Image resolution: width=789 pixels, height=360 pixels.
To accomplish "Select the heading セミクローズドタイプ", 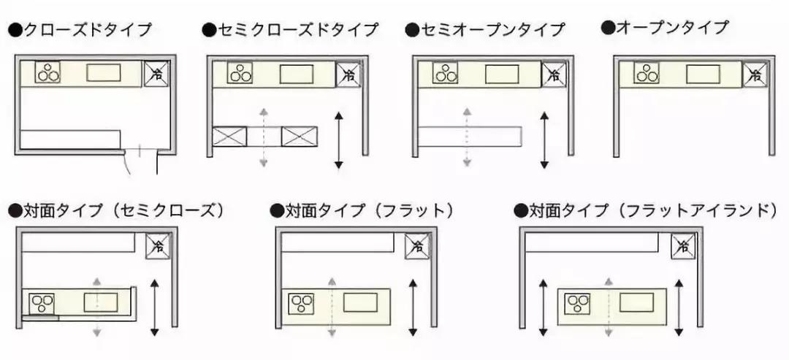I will click(x=290, y=30).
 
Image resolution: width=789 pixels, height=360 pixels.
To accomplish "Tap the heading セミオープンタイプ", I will click(x=485, y=30).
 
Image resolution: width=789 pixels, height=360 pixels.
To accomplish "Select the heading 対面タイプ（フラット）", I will click(x=362, y=211).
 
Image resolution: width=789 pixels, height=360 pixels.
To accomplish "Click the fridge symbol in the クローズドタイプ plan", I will click(x=156, y=74).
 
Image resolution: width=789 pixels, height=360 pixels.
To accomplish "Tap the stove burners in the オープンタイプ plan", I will click(x=647, y=74).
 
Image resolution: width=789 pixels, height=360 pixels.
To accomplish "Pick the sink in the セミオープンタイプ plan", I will click(x=502, y=74).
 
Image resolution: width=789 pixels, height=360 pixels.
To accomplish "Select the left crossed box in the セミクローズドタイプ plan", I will click(x=229, y=136).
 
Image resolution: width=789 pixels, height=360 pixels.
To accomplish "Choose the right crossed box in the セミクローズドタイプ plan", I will click(x=300, y=136).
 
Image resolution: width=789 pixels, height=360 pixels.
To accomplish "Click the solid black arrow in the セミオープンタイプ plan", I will click(x=544, y=140).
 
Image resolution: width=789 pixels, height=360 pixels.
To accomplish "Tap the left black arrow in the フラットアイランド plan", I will click(x=542, y=307).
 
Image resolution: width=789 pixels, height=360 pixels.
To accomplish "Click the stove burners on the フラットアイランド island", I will click(x=579, y=303).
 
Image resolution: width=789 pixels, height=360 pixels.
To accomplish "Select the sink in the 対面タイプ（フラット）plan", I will click(x=360, y=302).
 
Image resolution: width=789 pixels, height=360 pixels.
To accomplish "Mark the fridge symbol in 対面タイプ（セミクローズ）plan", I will click(x=156, y=247).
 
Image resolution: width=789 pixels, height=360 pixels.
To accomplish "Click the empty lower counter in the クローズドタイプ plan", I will click(x=70, y=139).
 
